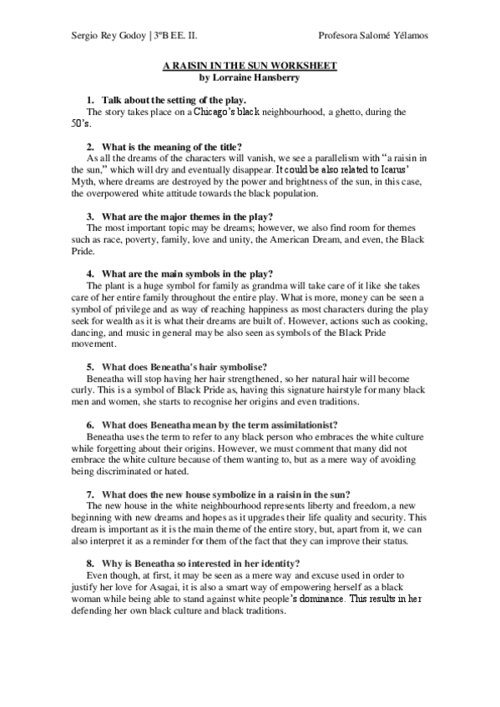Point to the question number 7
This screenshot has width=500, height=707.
(90, 493)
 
